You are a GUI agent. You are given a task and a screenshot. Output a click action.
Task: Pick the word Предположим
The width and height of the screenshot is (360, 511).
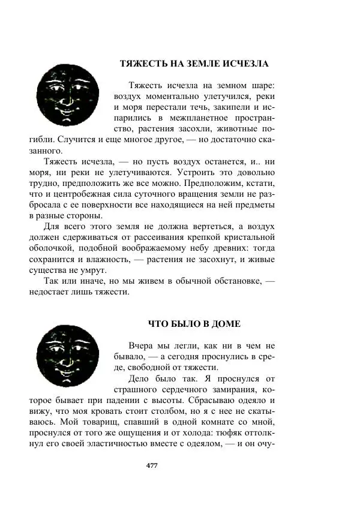(223, 183)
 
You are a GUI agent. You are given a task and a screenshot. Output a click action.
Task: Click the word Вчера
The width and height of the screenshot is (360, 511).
(142, 346)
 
